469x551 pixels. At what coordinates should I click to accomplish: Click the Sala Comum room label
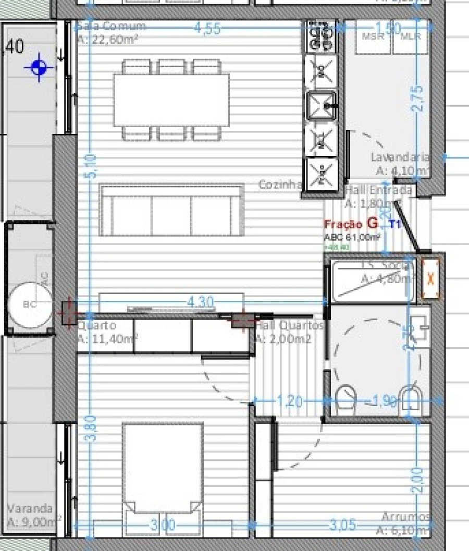[112, 26]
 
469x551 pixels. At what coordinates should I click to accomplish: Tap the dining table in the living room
[171, 100]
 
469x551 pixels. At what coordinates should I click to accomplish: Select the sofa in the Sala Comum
[171, 211]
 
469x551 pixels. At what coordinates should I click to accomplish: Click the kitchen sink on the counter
[322, 106]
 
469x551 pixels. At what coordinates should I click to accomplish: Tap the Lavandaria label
[400, 157]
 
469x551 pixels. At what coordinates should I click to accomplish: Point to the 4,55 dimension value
[207, 29]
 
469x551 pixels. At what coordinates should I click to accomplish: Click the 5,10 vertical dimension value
[90, 166]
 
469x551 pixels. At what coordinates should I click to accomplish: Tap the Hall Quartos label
[289, 325]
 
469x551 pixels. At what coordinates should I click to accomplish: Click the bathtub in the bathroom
[372, 281]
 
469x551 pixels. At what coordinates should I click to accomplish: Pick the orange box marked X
[430, 279]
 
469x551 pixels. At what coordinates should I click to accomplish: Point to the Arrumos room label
[405, 517]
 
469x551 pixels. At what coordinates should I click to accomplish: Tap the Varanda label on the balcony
[30, 508]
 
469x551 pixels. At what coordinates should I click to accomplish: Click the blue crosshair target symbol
[39, 67]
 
